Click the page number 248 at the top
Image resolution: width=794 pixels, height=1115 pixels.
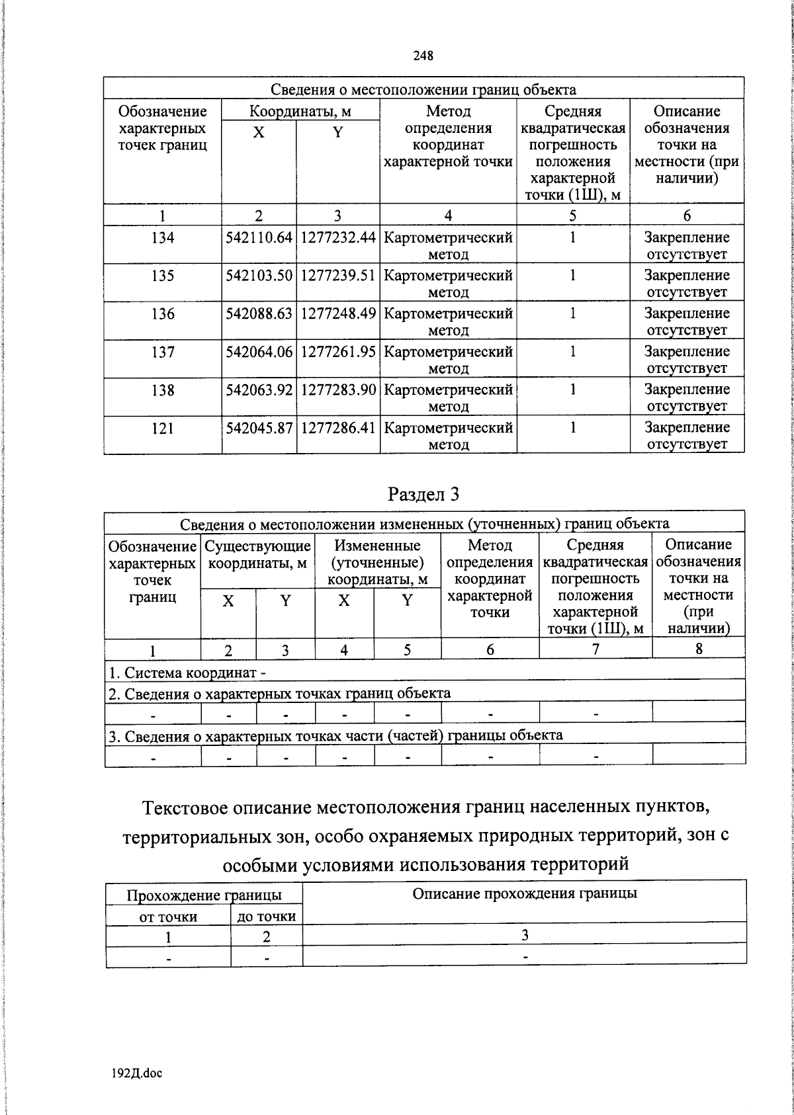coord(423,56)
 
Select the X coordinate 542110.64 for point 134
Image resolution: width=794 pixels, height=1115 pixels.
coord(259,237)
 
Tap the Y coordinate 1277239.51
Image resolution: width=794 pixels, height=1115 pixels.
coord(338,276)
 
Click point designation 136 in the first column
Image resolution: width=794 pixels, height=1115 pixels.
coord(162,314)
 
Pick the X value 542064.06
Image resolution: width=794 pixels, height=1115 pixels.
coord(259,352)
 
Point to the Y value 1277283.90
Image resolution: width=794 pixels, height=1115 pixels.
coord(338,390)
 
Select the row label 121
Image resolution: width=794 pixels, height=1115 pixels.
coord(162,429)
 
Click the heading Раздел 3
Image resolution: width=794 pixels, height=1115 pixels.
coord(423,494)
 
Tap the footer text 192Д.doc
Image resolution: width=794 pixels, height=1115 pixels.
coord(137,1073)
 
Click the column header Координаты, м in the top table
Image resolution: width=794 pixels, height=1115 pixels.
coord(300,111)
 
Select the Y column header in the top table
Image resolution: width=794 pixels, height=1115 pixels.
coord(337,132)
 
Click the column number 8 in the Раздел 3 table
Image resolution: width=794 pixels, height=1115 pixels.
coord(698,649)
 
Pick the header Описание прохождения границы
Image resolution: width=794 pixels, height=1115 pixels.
coord(524,894)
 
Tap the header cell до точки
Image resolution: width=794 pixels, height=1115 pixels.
coord(267,917)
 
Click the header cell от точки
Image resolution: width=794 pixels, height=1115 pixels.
coord(168,917)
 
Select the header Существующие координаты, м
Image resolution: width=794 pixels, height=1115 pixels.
coord(257,555)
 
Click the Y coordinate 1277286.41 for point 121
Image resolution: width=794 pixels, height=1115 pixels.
coord(338,429)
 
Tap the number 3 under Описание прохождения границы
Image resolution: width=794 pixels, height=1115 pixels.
coord(524,935)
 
